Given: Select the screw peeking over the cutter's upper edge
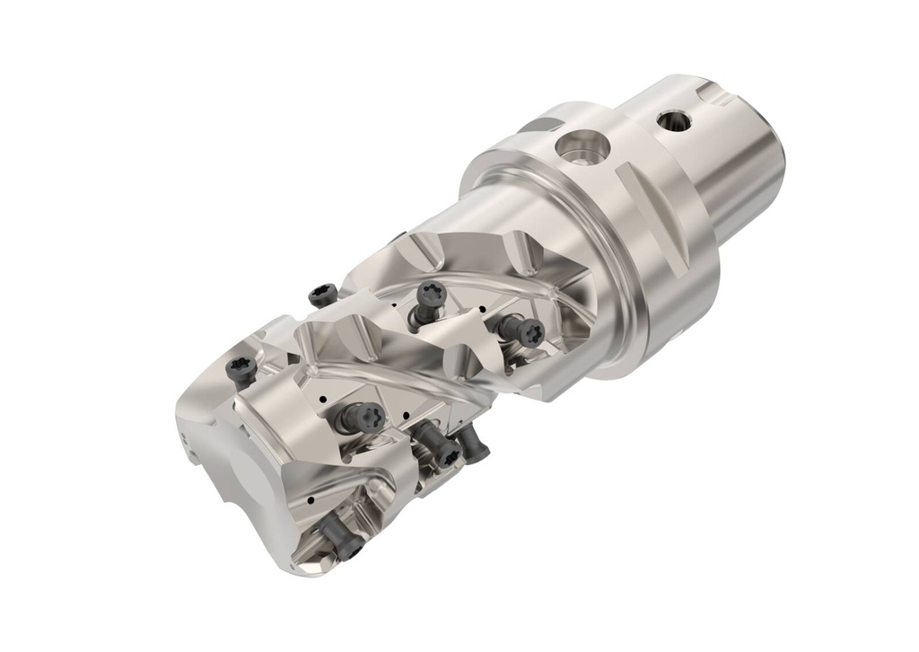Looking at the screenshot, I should [321, 294].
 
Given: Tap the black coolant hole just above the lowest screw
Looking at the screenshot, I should [310, 499].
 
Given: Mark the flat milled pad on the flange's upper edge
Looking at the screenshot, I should [544, 121].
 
